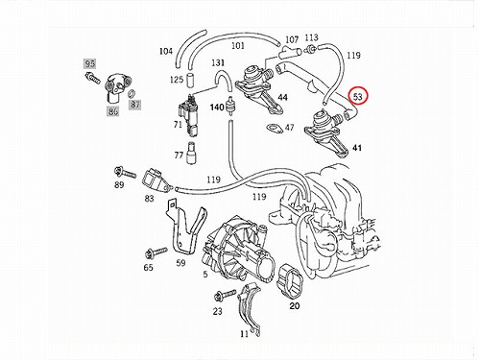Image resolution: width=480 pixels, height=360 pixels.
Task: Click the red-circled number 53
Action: click(x=358, y=96)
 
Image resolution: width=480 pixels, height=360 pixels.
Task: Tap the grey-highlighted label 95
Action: click(x=90, y=63)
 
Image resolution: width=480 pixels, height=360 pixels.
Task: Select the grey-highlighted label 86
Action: click(x=113, y=111)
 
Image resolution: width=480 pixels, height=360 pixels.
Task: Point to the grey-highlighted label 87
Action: click(x=135, y=105)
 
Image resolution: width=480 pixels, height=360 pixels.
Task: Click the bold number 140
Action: click(x=217, y=108)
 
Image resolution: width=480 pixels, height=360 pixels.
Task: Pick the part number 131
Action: click(x=218, y=62)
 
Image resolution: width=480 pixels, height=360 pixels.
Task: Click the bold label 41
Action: click(x=357, y=148)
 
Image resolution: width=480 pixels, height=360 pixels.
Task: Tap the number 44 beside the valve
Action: click(x=282, y=97)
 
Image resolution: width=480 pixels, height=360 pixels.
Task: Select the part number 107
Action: click(x=292, y=39)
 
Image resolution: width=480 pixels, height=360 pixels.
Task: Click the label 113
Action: click(x=311, y=37)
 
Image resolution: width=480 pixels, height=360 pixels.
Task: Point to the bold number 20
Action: click(x=295, y=306)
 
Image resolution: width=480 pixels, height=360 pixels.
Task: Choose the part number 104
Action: click(x=166, y=51)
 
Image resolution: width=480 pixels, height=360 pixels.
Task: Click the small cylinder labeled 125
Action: click(x=191, y=80)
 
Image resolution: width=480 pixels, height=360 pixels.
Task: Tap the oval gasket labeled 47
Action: click(x=275, y=128)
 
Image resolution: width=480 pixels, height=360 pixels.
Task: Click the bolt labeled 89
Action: click(x=125, y=173)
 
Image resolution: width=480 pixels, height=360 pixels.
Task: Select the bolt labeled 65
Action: click(x=156, y=252)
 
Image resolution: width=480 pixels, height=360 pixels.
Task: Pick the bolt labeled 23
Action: click(x=226, y=295)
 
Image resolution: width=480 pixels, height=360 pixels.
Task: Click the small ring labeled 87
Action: click(x=132, y=94)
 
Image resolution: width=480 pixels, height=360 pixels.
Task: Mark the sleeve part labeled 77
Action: click(x=192, y=153)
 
